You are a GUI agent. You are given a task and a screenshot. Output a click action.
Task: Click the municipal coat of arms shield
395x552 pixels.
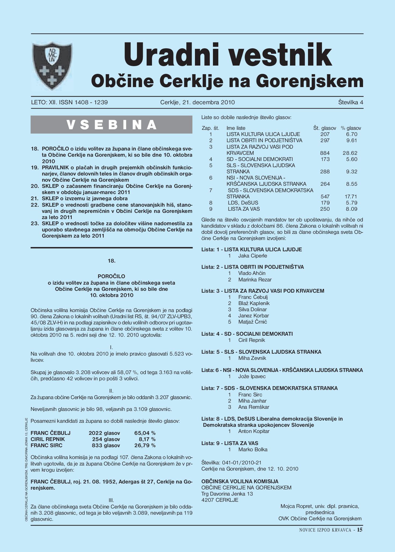click(x=52, y=65)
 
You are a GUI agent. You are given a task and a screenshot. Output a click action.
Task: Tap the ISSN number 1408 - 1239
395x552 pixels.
click(x=91, y=102)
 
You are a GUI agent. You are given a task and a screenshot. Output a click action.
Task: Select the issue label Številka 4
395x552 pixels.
click(x=350, y=102)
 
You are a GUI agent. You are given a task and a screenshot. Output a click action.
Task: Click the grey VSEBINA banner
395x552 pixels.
click(x=111, y=125)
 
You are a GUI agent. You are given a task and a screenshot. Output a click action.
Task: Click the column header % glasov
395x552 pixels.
click(x=351, y=128)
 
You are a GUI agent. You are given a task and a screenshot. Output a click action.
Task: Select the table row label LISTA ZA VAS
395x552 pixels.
click(x=244, y=209)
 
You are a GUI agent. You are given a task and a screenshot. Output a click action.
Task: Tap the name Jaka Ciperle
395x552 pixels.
click(x=252, y=256)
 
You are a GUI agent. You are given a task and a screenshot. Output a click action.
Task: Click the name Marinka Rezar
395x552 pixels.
click(x=255, y=279)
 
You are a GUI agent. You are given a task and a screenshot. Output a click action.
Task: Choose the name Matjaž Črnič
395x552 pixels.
click(x=252, y=322)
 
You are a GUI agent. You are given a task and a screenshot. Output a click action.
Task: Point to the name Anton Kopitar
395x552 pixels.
click(x=253, y=431)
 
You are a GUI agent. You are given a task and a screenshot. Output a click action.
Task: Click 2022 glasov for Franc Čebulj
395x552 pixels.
click(x=104, y=433)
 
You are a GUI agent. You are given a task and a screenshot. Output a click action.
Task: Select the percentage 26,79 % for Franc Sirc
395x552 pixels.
click(x=145, y=445)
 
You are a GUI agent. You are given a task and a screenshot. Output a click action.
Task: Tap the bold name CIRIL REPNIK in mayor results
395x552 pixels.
click(x=48, y=439)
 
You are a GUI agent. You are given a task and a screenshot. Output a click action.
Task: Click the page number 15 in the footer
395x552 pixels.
click(x=360, y=530)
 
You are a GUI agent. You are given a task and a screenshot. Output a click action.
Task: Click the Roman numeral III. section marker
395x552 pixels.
click(x=111, y=500)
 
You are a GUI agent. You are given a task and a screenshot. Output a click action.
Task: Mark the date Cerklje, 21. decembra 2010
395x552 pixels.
click(x=197, y=102)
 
